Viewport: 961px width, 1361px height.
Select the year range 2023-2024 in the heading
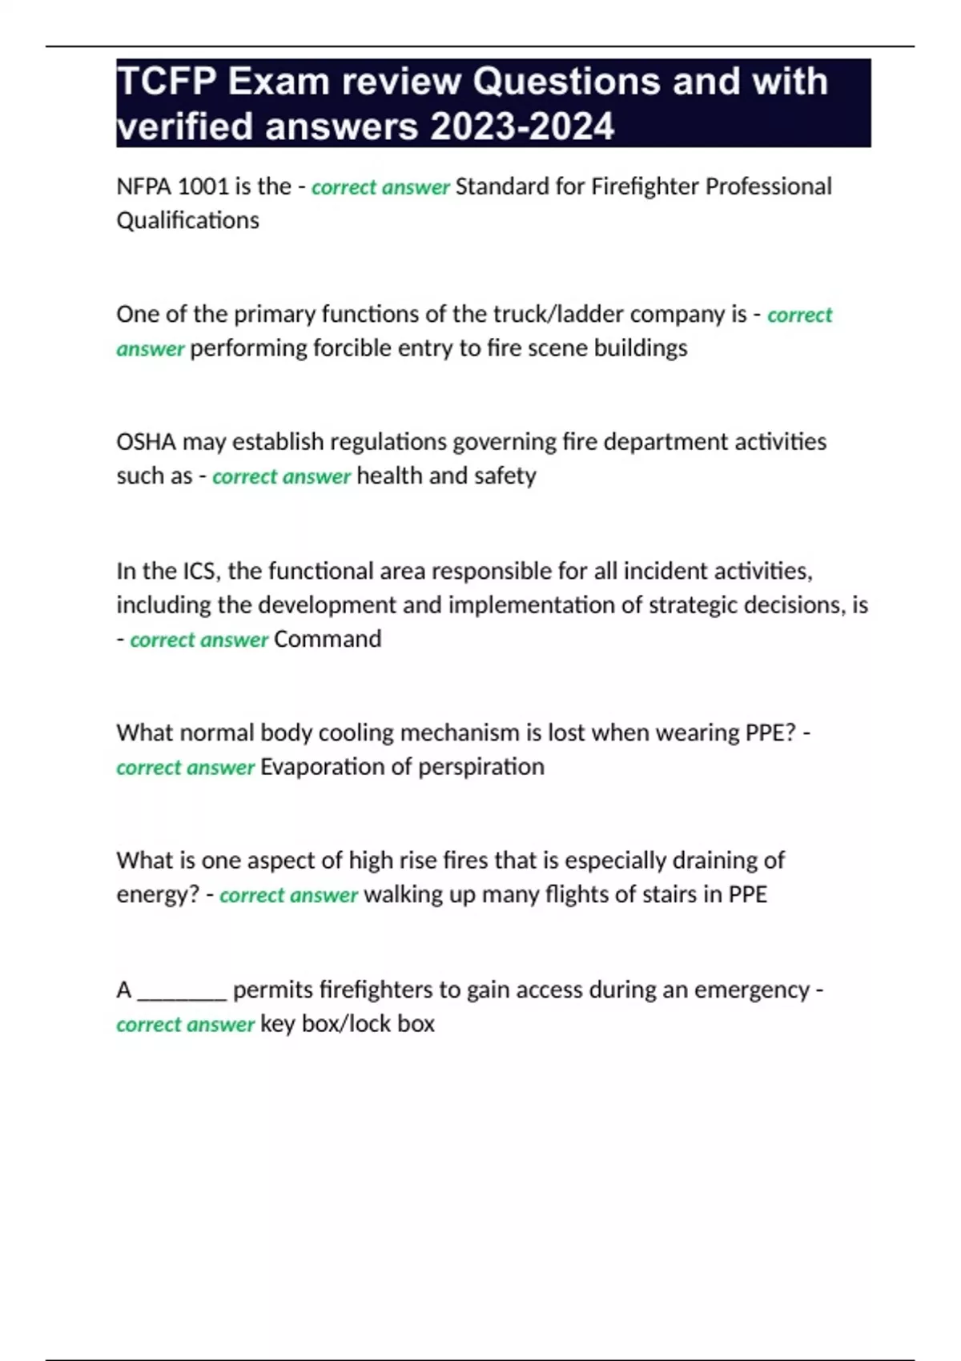522,126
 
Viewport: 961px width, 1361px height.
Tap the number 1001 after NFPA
203,187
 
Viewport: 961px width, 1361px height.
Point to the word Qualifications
187,220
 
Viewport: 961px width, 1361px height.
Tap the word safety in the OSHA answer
505,476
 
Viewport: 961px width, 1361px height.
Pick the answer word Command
328,639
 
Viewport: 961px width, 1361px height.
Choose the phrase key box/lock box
348,1024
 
